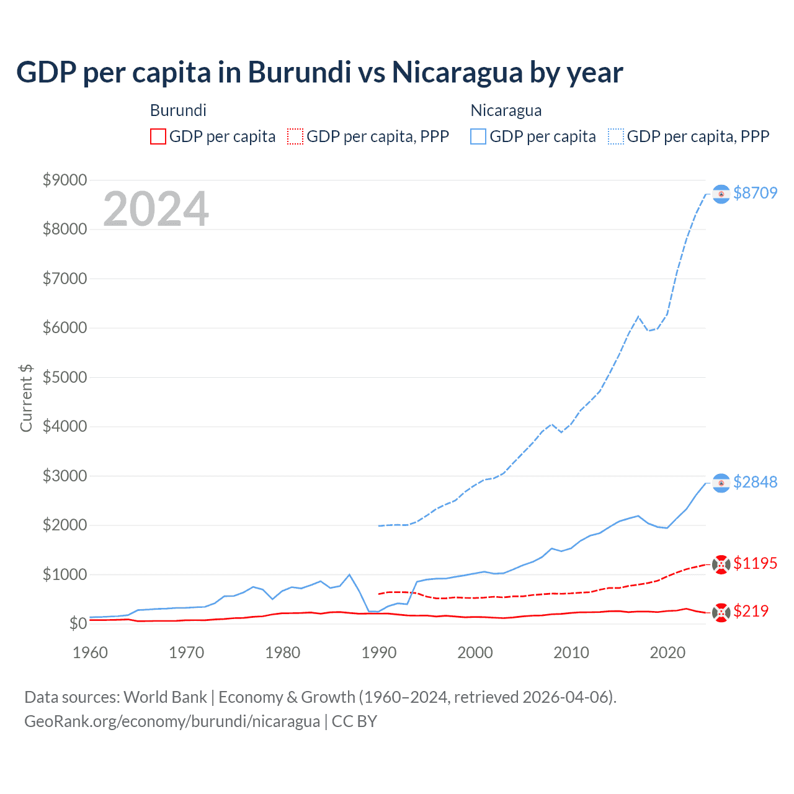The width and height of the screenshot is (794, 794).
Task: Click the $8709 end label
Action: (755, 193)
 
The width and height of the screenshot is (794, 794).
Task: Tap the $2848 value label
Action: (755, 482)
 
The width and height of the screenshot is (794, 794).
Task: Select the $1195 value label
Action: (755, 563)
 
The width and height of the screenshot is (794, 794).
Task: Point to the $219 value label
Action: (751, 611)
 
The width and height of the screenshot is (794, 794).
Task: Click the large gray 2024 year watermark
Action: (156, 209)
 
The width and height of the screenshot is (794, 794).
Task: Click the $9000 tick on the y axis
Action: (65, 180)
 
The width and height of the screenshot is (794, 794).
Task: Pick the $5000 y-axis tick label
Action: (65, 377)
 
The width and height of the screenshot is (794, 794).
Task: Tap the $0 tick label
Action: (78, 623)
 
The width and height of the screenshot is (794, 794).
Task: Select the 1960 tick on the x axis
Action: (91, 653)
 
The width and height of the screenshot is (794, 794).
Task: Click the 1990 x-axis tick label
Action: (379, 653)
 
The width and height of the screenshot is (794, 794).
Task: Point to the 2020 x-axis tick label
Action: (667, 653)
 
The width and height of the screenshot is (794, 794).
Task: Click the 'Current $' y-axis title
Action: (26, 398)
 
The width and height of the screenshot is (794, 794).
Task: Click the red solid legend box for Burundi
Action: (158, 136)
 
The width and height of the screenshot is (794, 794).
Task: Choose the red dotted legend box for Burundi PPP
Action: (295, 136)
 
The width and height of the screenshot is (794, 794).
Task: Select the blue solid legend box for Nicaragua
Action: (478, 136)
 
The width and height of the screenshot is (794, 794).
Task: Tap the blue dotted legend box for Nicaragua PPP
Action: (616, 136)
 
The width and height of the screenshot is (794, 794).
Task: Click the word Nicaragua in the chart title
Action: (457, 73)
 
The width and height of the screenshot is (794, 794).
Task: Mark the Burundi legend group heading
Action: (178, 110)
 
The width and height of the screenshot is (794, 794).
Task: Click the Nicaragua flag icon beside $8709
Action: (721, 194)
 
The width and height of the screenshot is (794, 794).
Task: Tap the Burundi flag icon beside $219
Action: (721, 613)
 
